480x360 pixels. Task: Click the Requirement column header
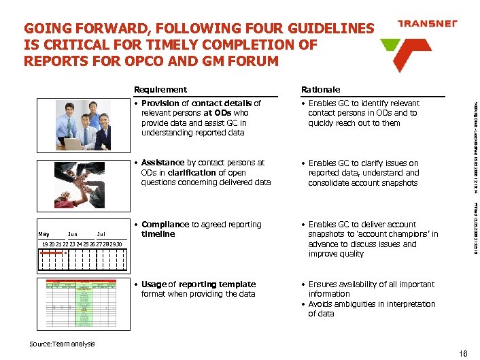click(x=160, y=89)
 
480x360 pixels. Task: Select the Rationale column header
click(x=321, y=89)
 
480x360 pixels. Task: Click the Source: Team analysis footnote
click(x=62, y=344)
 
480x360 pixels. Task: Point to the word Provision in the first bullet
click(x=160, y=103)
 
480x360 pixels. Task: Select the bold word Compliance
click(x=165, y=225)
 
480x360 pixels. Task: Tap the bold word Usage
click(x=154, y=284)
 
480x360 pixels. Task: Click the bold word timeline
click(x=158, y=234)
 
